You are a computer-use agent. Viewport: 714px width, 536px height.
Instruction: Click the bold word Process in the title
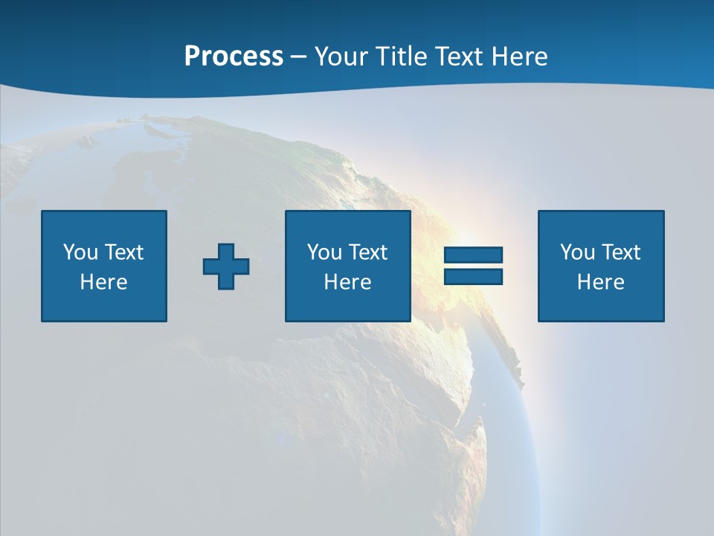click(234, 57)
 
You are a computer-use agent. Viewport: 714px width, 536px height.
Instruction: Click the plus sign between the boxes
click(226, 267)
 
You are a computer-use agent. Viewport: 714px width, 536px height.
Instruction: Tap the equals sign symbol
click(473, 266)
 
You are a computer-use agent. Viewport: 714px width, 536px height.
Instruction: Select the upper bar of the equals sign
click(473, 255)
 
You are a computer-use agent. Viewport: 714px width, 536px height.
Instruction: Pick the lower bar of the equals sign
click(473, 277)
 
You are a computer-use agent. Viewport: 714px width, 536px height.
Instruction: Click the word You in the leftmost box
click(81, 252)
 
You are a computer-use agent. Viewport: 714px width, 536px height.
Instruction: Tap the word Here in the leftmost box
click(104, 282)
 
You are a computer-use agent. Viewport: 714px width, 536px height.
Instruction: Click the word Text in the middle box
click(368, 252)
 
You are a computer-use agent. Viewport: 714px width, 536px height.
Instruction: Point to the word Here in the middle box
click(348, 282)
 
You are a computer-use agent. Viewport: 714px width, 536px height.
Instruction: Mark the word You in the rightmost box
click(578, 252)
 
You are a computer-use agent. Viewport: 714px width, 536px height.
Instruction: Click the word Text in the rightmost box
click(621, 252)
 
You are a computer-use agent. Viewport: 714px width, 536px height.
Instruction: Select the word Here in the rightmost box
click(601, 282)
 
